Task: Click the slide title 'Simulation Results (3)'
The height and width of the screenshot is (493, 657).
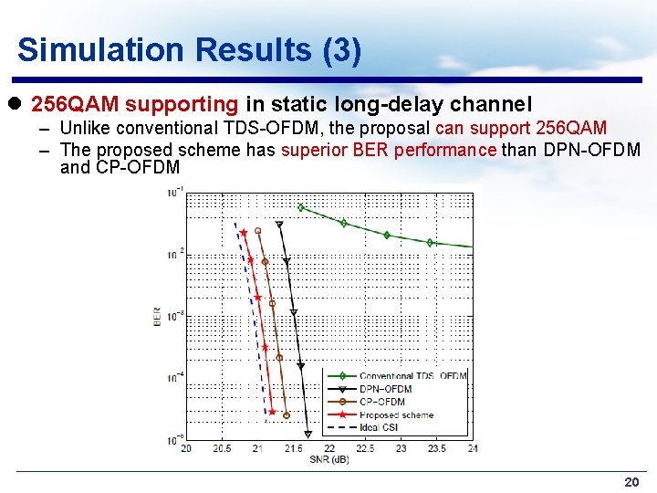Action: (x=189, y=49)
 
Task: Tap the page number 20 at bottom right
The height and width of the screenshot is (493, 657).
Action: (x=631, y=481)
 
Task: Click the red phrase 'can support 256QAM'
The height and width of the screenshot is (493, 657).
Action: (x=521, y=129)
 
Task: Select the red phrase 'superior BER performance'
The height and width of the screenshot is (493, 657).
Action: (x=390, y=150)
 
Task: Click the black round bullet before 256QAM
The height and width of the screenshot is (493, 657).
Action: (x=19, y=106)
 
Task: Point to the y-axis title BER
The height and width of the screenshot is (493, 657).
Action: (x=158, y=317)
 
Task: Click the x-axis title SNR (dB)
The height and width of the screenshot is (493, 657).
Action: (x=329, y=458)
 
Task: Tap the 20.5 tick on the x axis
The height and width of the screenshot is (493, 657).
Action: (x=222, y=448)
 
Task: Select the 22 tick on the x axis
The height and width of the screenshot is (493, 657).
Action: (x=329, y=448)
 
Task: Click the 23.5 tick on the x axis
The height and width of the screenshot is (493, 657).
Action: (x=436, y=448)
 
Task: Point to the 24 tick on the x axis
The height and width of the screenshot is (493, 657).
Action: (x=472, y=448)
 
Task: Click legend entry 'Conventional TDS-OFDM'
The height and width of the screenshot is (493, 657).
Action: (x=412, y=376)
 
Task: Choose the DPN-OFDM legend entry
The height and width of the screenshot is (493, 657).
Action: (x=385, y=389)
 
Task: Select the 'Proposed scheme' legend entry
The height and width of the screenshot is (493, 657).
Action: (x=396, y=414)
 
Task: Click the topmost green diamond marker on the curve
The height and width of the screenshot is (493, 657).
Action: (x=301, y=207)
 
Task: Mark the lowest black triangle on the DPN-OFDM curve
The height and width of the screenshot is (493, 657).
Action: (x=308, y=435)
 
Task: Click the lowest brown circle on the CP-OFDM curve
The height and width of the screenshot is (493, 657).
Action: (x=287, y=415)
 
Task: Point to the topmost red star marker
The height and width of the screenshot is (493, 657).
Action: (x=244, y=233)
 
